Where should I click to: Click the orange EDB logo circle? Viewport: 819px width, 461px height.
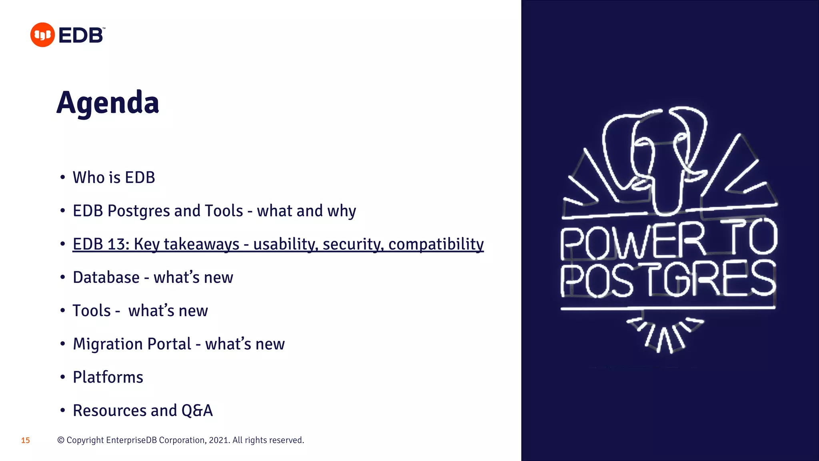click(x=42, y=35)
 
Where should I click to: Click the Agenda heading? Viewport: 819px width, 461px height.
click(x=108, y=103)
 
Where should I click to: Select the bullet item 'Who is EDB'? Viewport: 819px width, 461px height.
click(x=114, y=178)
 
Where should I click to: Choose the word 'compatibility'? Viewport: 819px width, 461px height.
click(x=436, y=244)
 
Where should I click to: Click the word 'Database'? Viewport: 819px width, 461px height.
click(x=106, y=277)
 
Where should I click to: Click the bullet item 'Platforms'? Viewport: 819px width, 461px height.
click(x=108, y=377)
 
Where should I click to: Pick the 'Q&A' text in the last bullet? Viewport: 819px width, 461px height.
click(x=197, y=411)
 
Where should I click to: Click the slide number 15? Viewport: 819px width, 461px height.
click(x=26, y=441)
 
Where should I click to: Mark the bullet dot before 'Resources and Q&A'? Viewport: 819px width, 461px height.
click(x=62, y=411)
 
